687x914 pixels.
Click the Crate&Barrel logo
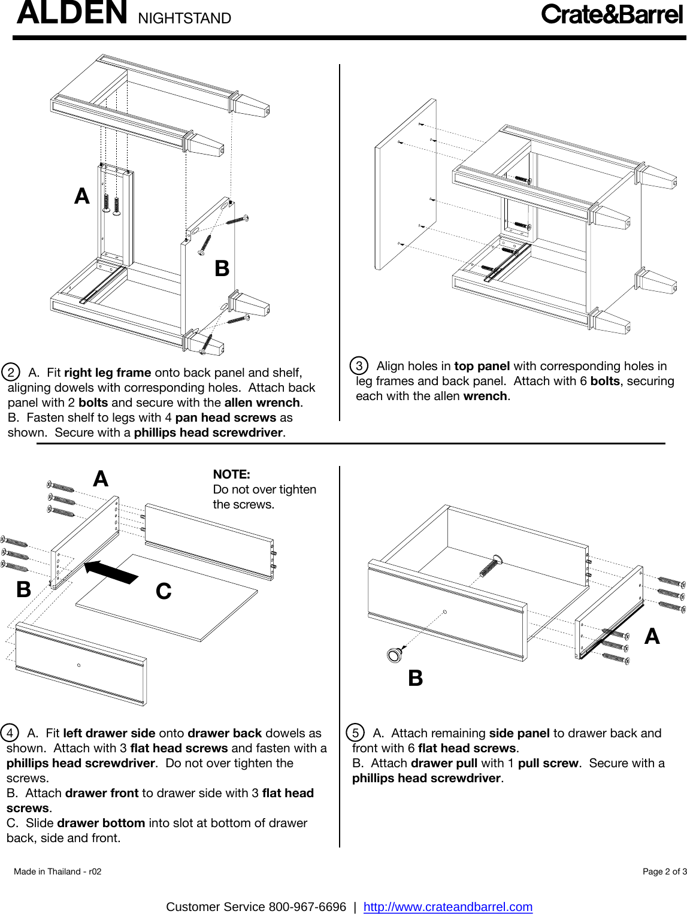coord(612,14)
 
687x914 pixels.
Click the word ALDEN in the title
coord(72,13)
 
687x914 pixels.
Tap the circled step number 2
coord(11,372)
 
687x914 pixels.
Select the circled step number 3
coord(359,365)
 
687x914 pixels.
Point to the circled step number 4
coord(10,733)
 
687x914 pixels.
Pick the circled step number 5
coord(355,733)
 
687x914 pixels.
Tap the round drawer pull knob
coord(395,655)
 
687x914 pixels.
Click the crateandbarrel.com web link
coord(447,907)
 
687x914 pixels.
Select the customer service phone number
coord(307,907)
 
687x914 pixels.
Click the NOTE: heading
coord(231,474)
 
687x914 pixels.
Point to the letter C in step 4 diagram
coord(164,591)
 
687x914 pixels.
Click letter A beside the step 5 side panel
coord(652,636)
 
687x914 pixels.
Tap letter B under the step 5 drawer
coord(415,679)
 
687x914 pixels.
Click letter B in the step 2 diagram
coord(222,268)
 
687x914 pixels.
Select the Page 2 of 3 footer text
coord(664,871)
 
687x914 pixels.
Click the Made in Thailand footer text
coord(57,871)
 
